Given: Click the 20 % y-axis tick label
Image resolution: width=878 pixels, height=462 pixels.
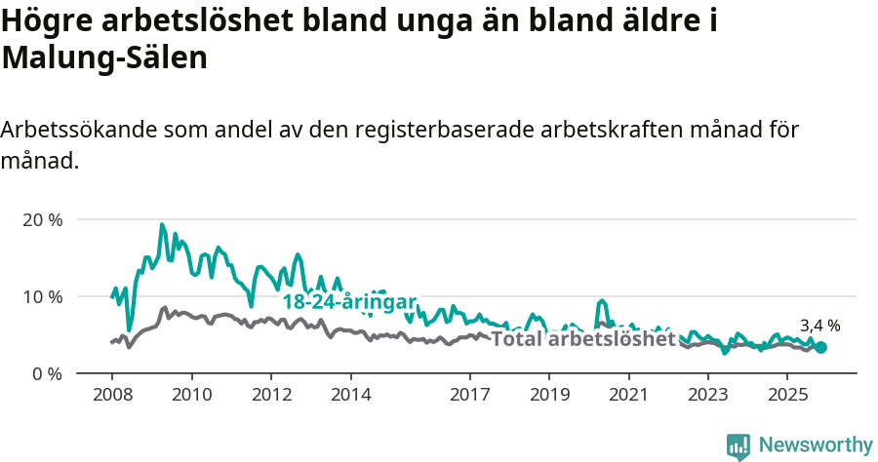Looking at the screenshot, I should (42, 219).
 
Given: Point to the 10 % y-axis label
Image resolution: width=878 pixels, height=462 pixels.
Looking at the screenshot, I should (42, 296).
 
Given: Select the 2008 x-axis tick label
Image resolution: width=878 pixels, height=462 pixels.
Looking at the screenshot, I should (111, 395).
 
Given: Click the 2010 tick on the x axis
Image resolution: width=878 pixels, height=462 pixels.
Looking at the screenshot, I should (191, 395).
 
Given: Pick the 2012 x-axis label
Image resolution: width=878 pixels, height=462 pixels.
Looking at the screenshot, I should (271, 395).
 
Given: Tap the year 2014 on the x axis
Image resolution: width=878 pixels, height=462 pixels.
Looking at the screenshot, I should (350, 395).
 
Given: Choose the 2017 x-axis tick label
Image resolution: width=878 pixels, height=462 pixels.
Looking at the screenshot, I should (470, 395).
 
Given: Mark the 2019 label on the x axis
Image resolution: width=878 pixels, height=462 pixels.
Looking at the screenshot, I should (549, 395).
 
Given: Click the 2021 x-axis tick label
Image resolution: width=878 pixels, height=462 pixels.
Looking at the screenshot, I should (629, 395).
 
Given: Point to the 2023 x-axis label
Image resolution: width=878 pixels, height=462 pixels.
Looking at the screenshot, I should (708, 395).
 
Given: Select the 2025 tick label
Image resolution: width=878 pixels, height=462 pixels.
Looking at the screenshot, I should (788, 395).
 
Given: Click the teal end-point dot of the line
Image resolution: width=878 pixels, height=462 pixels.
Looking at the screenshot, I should (820, 347).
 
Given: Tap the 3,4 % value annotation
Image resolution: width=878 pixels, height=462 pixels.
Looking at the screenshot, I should (819, 326).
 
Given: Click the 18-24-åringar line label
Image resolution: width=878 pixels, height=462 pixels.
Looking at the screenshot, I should (349, 301).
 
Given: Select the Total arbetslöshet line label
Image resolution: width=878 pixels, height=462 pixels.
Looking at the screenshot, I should (582, 339).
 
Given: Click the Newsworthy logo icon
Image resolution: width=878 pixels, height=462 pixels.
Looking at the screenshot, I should (738, 445).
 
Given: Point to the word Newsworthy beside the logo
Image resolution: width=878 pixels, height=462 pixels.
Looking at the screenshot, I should (816, 445).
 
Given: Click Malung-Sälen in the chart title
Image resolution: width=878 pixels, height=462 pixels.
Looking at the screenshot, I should (104, 58).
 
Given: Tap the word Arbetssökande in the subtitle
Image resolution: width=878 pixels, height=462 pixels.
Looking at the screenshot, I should (79, 130).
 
